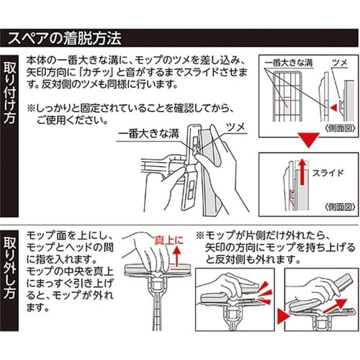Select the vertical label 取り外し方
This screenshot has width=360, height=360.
[11, 266]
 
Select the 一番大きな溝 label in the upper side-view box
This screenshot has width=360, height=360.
[284, 63]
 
